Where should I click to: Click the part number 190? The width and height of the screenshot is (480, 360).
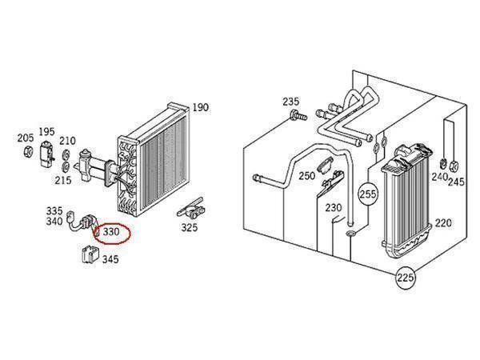(x=201, y=107)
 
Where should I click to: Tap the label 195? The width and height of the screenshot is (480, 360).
(x=46, y=132)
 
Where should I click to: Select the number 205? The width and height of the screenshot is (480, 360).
(x=26, y=138)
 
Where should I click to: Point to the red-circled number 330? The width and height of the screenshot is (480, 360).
(x=111, y=232)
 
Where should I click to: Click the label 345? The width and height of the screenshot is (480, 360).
(x=110, y=259)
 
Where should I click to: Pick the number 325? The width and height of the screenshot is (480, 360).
(x=189, y=228)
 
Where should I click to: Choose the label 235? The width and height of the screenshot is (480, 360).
(x=291, y=102)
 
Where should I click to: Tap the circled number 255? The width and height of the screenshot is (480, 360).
(x=368, y=194)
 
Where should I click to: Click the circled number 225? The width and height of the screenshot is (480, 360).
(x=406, y=278)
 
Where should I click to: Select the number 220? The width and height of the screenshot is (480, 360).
(x=443, y=223)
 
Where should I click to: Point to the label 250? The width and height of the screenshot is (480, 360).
(x=307, y=176)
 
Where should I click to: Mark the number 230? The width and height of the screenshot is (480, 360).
(x=334, y=208)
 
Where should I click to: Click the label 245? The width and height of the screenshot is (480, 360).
(x=457, y=182)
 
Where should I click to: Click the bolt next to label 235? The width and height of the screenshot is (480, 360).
(x=298, y=116)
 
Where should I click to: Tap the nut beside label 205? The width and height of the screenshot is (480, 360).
(x=28, y=151)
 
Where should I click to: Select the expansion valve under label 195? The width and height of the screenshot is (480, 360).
(x=47, y=154)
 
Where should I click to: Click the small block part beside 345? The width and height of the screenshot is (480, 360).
(x=90, y=254)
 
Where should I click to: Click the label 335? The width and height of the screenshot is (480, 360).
(x=54, y=211)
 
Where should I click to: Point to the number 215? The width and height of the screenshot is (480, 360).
(x=63, y=180)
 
